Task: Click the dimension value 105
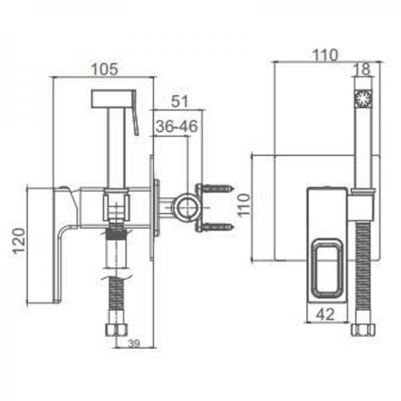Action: pos(105,69)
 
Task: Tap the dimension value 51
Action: pos(180,102)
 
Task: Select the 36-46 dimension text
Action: pos(176,126)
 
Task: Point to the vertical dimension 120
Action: pos(19,241)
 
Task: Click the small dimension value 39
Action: pos(134,344)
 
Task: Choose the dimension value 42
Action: pos(325,314)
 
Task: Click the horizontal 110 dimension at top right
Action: pos(325,55)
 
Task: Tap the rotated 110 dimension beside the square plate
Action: pos(243,205)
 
